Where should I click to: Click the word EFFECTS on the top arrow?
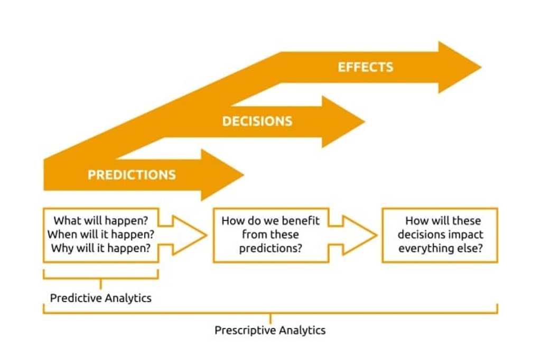click(x=365, y=67)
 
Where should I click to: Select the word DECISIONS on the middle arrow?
click(x=257, y=121)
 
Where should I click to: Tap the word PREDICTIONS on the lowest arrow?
click(x=132, y=175)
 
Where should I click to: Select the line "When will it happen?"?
click(x=100, y=234)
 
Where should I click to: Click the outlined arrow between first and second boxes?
click(x=185, y=235)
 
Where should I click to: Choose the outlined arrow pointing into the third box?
click(x=355, y=235)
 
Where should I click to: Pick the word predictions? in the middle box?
click(x=270, y=248)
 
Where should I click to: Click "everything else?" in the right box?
click(x=440, y=248)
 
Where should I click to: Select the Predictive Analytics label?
click(x=100, y=298)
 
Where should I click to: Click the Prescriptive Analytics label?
click(x=270, y=330)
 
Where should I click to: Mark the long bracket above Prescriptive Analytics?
click(x=270, y=312)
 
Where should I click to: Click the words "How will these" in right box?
click(x=443, y=221)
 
